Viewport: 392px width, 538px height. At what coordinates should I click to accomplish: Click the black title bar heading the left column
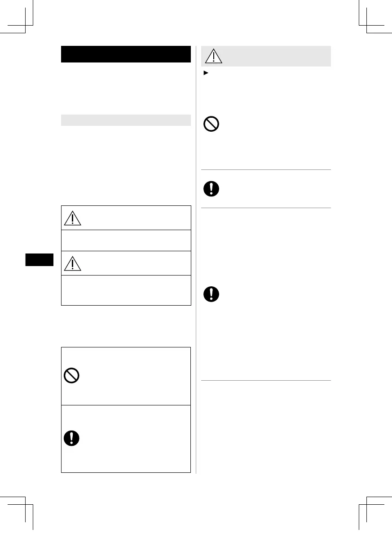click(126, 54)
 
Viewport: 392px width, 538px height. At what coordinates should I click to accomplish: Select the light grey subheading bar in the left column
click(126, 120)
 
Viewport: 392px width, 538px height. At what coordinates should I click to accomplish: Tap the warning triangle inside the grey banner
click(214, 56)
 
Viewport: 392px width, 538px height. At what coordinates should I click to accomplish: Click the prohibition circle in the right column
click(211, 124)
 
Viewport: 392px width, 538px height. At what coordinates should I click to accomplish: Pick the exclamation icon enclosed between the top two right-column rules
click(211, 188)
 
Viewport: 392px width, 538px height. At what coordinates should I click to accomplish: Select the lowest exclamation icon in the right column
click(211, 294)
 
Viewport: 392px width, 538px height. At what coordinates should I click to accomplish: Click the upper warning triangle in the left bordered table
click(72, 218)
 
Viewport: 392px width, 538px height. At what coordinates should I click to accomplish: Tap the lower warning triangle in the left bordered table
click(72, 263)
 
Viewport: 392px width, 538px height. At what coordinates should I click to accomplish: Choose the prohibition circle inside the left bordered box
click(72, 375)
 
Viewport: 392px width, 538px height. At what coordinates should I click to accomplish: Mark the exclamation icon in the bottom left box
click(72, 438)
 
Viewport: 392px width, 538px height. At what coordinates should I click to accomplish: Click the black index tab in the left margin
click(39, 260)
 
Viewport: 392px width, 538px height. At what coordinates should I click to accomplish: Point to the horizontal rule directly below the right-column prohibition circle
click(265, 169)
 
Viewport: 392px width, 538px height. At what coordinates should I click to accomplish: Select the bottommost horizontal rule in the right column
click(265, 381)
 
